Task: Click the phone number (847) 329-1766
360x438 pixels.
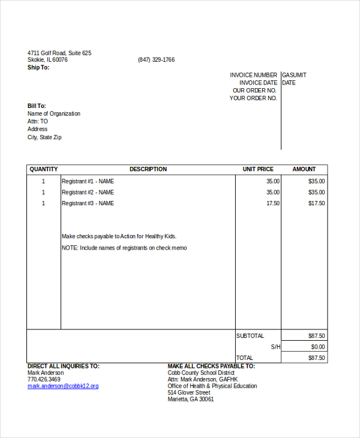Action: point(156,60)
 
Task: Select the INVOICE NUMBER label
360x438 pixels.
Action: point(254,75)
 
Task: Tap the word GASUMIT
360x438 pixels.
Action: point(294,75)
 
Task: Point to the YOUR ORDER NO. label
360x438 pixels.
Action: point(253,98)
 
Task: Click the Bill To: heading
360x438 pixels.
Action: point(37,106)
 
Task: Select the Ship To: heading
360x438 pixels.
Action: point(38,67)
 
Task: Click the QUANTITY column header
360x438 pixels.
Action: point(44,169)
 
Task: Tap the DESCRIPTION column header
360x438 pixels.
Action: point(148,169)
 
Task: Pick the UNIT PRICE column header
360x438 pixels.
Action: point(258,169)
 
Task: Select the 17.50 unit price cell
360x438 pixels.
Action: point(273,203)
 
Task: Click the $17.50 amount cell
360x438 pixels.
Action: point(316,203)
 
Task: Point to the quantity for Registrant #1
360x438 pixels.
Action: point(43,181)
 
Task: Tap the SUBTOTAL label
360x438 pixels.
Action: point(250,336)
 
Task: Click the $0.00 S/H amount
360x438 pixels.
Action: point(318,347)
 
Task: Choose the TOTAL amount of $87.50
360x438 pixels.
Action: point(316,358)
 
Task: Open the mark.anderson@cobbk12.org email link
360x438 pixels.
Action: point(63,386)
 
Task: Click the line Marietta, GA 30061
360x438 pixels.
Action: point(191,399)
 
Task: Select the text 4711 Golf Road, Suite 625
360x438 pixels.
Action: point(59,53)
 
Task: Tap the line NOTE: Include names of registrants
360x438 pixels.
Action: point(124,248)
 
